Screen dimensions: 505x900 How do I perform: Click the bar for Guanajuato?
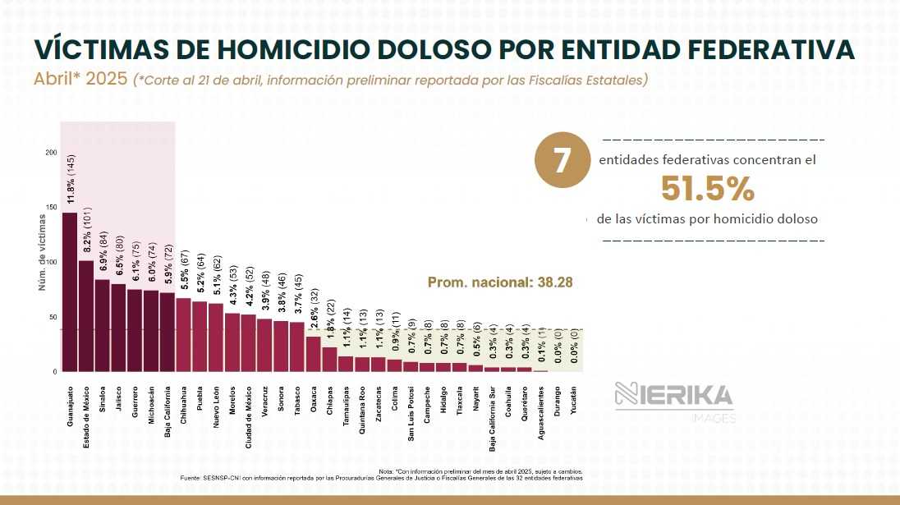(70, 292)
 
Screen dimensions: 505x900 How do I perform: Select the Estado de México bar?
(86, 315)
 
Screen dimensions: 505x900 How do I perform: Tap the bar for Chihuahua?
(184, 334)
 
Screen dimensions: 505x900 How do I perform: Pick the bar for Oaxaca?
(314, 353)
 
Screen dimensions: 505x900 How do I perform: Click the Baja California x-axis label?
(168, 403)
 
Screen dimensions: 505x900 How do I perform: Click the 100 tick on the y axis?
(51, 262)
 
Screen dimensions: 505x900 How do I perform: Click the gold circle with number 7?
(562, 161)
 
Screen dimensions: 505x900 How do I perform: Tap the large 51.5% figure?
(707, 190)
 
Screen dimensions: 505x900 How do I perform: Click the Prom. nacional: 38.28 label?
(500, 282)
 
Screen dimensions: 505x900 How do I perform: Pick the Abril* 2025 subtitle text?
(80, 80)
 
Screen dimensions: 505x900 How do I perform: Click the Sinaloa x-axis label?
(103, 398)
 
